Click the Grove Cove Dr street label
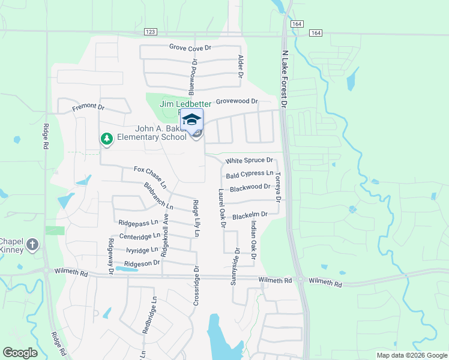tap(190, 47)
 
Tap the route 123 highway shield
tap(151, 32)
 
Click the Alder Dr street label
tap(240, 67)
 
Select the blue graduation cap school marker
tap(191, 119)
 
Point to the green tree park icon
tap(107, 139)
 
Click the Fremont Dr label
tap(88, 107)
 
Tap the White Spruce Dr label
tap(249, 161)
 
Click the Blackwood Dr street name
tap(250, 188)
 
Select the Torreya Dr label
tap(277, 188)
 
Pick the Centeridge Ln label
tap(140, 236)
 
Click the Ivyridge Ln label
tap(142, 250)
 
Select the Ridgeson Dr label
tap(142, 263)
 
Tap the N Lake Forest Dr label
tap(285, 77)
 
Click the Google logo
tap(20, 353)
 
